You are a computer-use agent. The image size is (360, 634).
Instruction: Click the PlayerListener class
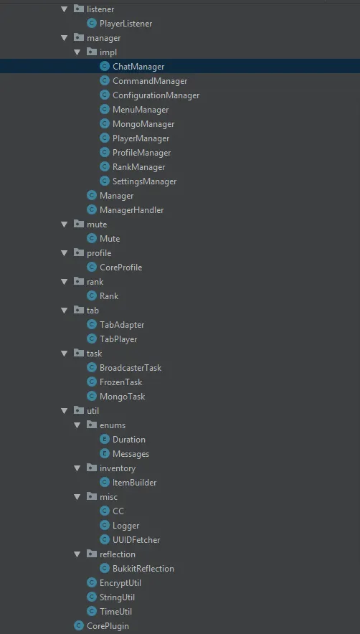coord(125,24)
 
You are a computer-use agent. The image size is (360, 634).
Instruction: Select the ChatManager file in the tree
coord(138,67)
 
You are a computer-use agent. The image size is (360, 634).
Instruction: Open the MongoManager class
coord(143,124)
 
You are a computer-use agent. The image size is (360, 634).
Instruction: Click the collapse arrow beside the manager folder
coord(64,38)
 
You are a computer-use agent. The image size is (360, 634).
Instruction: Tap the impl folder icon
coord(91,52)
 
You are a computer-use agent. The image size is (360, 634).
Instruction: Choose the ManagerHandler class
coord(131,210)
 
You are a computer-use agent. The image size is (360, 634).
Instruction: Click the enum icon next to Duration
coord(105,440)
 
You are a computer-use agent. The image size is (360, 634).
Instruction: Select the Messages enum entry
coord(131,454)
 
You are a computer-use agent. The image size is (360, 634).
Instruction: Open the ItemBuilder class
coord(134,483)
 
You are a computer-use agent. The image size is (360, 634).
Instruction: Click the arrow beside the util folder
coord(64,411)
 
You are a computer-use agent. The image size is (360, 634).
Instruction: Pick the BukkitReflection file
coord(143,569)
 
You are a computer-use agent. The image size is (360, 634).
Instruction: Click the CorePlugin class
coord(108,626)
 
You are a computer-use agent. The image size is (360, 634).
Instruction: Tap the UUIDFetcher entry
coord(136,540)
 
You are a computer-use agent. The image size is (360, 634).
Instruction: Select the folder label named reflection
coord(118,554)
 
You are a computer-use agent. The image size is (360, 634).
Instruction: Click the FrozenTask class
coord(121,382)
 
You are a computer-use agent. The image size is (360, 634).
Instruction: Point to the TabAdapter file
coord(122,325)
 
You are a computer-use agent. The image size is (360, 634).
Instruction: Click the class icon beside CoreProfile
coord(92,268)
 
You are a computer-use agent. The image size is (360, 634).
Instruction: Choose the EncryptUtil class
coord(120,583)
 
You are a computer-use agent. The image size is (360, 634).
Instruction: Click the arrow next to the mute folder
coord(64,224)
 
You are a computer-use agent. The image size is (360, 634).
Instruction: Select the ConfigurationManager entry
coord(156,95)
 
